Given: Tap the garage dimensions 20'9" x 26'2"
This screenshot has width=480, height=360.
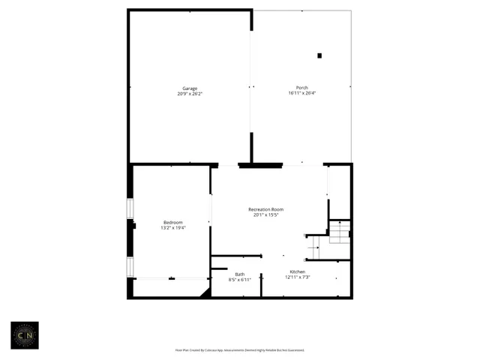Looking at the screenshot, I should pyautogui.click(x=190, y=94).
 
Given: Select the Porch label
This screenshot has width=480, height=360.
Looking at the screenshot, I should pyautogui.click(x=302, y=88).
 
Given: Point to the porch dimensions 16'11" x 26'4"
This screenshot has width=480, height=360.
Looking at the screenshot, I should pyautogui.click(x=303, y=94).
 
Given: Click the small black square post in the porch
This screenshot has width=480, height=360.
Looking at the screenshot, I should pyautogui.click(x=319, y=55).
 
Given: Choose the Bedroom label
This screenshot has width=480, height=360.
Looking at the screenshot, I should pyautogui.click(x=173, y=222).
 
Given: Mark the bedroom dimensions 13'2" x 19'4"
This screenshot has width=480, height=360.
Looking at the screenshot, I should pyautogui.click(x=173, y=228).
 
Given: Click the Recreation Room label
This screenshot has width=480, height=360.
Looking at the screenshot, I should pyautogui.click(x=266, y=208).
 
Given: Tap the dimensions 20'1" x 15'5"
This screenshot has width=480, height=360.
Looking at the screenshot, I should pyautogui.click(x=266, y=214).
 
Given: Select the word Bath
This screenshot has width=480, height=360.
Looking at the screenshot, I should pyautogui.click(x=239, y=274).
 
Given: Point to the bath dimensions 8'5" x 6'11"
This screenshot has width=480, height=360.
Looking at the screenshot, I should pyautogui.click(x=239, y=280).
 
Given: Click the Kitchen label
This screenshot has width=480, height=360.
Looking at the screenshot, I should pyautogui.click(x=298, y=271).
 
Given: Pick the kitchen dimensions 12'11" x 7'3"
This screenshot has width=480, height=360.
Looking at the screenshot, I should pyautogui.click(x=298, y=277).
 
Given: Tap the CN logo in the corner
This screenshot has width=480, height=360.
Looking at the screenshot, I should pyautogui.click(x=24, y=334).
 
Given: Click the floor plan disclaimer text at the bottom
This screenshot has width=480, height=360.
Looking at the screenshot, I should pyautogui.click(x=239, y=349).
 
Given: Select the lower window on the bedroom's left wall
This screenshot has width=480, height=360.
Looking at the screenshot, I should pyautogui.click(x=130, y=266).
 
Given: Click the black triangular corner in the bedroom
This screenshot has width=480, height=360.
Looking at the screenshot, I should pyautogui.click(x=205, y=292).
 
